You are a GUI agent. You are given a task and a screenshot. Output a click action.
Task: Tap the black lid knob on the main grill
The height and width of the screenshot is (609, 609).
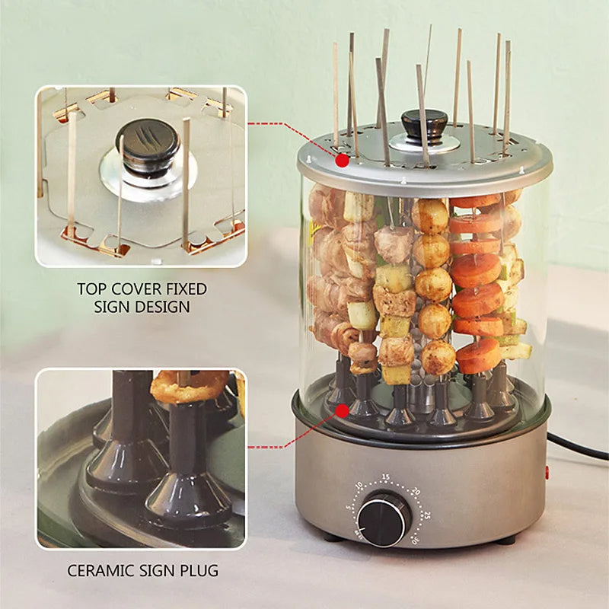click(425, 123)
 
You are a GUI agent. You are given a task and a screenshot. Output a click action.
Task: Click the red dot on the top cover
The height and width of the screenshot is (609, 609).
click(343, 160)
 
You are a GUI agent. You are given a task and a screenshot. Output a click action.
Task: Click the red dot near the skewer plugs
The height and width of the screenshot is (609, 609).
click(343, 410)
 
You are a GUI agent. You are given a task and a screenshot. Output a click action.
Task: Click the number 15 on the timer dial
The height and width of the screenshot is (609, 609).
click(386, 477)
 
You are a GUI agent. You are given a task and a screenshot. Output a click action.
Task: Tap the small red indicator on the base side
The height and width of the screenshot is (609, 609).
click(547, 473)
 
